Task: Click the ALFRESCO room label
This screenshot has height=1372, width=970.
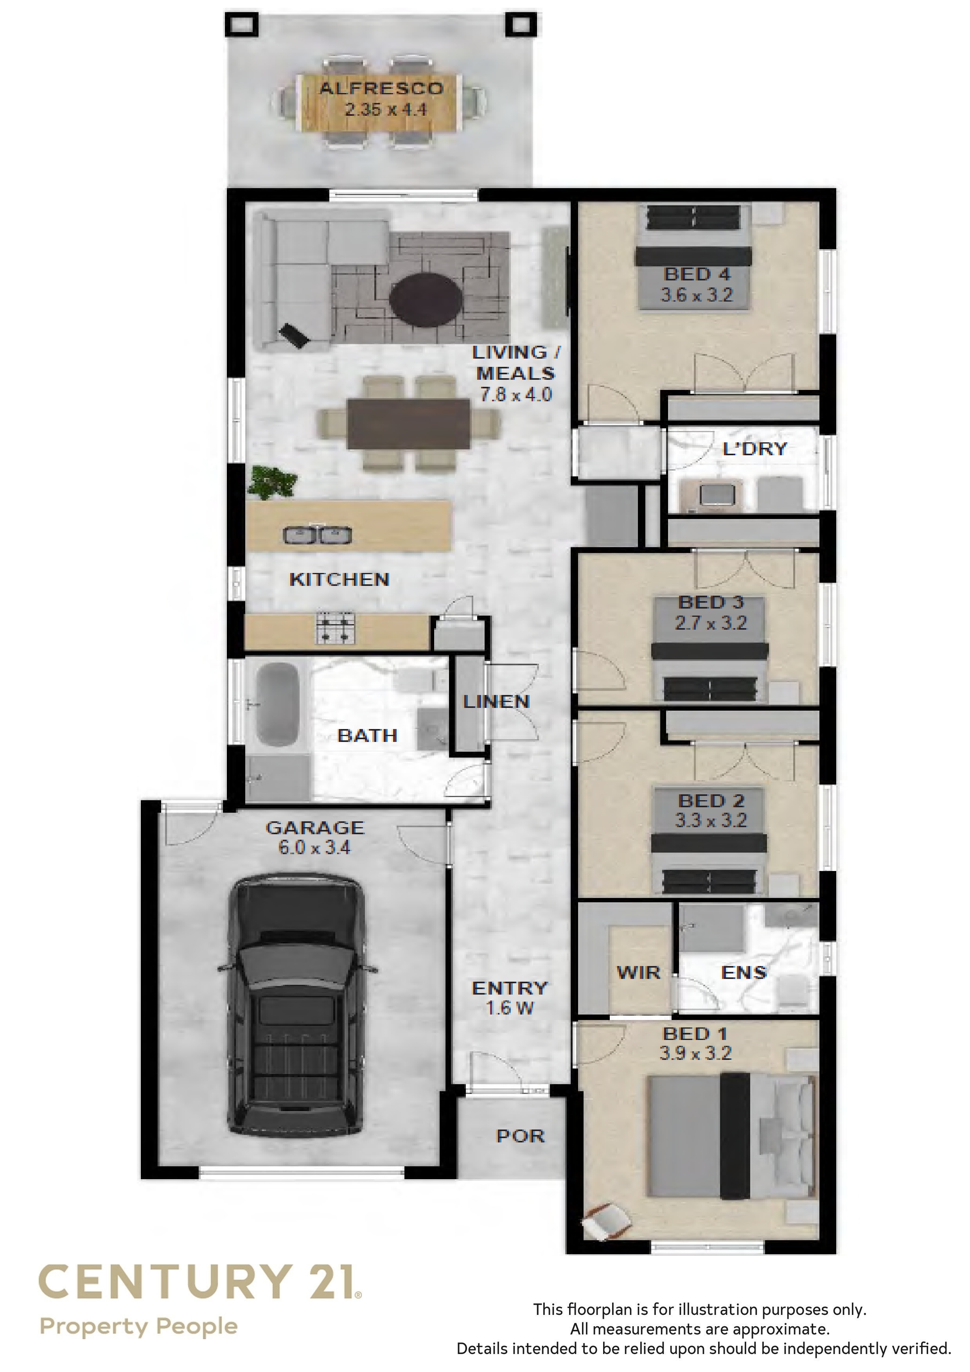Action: click(381, 88)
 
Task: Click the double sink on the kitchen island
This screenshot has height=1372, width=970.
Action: click(317, 534)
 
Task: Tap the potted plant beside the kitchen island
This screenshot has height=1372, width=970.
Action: click(273, 481)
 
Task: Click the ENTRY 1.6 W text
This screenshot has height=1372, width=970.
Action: click(509, 998)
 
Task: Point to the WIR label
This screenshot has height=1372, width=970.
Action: click(638, 973)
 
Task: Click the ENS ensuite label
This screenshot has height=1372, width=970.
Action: click(744, 973)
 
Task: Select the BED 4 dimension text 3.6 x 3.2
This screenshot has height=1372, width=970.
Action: click(696, 295)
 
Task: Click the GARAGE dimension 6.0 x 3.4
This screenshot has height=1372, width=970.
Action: click(314, 848)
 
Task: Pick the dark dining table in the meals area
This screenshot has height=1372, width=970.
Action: click(408, 423)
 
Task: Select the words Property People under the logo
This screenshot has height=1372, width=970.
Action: click(139, 1327)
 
